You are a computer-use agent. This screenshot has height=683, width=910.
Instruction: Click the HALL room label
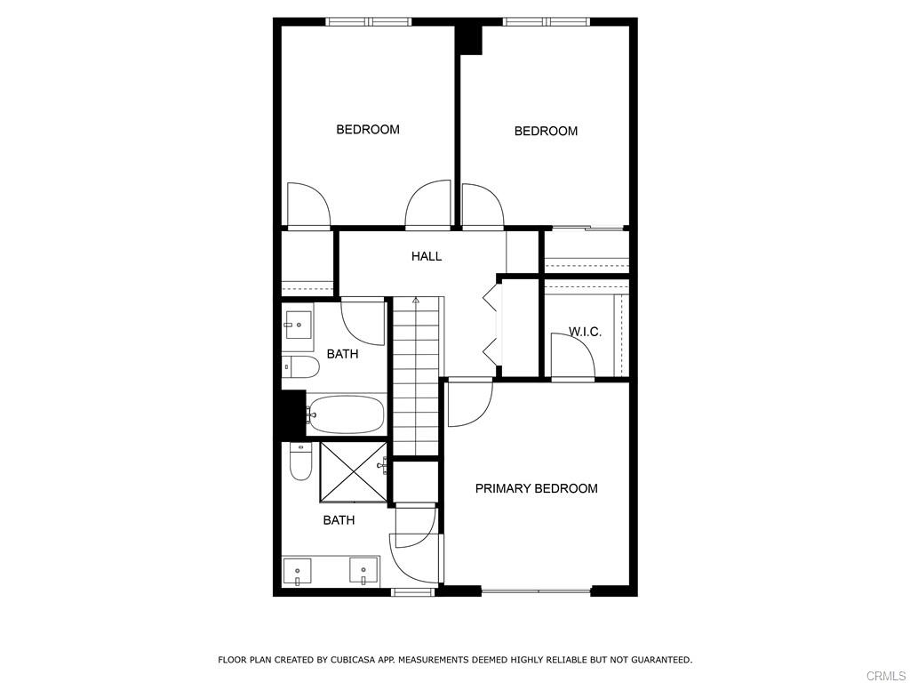tap(427, 256)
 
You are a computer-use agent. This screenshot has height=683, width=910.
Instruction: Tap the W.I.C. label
tap(585, 332)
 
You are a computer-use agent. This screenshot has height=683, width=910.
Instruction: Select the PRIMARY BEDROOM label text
tap(536, 488)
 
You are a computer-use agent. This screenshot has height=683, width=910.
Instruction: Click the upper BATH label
tap(342, 354)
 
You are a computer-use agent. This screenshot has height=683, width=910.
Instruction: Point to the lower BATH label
tap(339, 520)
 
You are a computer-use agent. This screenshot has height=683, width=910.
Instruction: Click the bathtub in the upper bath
tap(347, 414)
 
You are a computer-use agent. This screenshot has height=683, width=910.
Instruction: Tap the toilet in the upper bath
tap(300, 366)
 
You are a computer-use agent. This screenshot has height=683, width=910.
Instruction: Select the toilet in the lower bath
tap(300, 461)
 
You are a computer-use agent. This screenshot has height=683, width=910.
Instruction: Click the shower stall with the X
tap(353, 471)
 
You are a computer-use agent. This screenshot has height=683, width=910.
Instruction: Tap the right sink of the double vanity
tap(364, 570)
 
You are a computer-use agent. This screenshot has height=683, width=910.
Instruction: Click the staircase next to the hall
tap(416, 378)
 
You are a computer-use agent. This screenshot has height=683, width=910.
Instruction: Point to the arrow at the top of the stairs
tap(416, 301)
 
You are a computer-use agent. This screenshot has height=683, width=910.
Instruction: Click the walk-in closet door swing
tap(571, 358)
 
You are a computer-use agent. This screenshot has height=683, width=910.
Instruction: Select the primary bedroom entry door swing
tap(468, 402)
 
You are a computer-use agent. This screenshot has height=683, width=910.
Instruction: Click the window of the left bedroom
tap(368, 21)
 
